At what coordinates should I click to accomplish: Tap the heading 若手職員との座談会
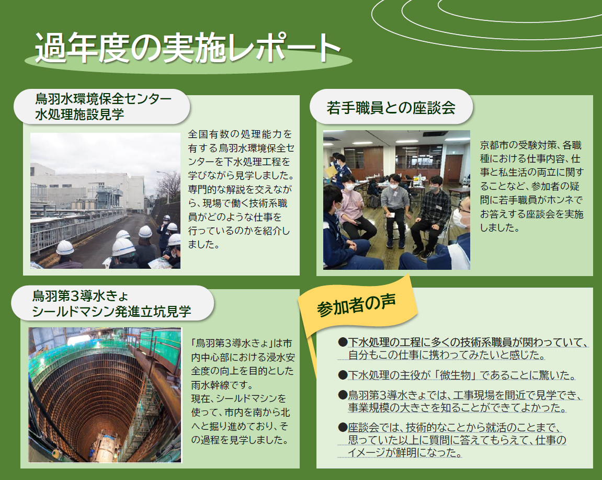(x=391, y=108)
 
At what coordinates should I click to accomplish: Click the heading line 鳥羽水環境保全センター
(x=103, y=99)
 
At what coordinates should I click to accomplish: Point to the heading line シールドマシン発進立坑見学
(x=111, y=311)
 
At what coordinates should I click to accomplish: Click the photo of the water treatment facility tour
(x=105, y=201)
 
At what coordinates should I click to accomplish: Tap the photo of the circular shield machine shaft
(x=105, y=395)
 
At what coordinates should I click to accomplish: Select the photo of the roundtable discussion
(x=396, y=200)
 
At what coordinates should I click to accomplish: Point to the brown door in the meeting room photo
(x=453, y=169)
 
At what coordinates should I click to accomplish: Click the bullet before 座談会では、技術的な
(x=343, y=427)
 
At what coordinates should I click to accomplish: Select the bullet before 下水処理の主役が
(x=343, y=375)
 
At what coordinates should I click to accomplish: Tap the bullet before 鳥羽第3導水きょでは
(x=343, y=395)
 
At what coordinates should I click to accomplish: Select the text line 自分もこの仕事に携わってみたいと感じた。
(x=447, y=355)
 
